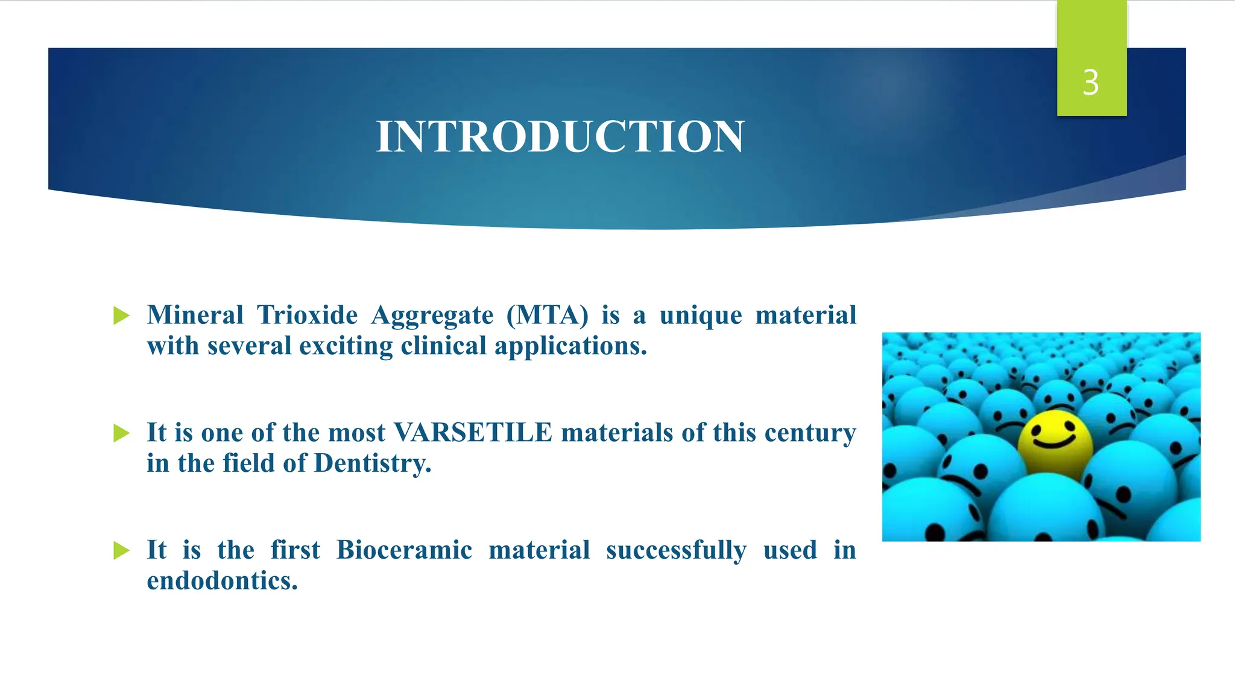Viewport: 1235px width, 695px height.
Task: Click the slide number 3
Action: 1090,83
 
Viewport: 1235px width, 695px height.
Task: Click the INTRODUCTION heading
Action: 560,137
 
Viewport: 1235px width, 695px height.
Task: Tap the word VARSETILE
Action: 473,433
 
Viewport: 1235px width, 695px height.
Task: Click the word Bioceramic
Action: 404,550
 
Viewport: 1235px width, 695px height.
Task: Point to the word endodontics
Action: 223,581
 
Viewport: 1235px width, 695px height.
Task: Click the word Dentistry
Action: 372,463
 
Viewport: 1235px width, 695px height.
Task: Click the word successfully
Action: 676,550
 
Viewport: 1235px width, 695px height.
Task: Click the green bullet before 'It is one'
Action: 121,433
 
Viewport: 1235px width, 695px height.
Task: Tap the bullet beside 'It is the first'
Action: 121,550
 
